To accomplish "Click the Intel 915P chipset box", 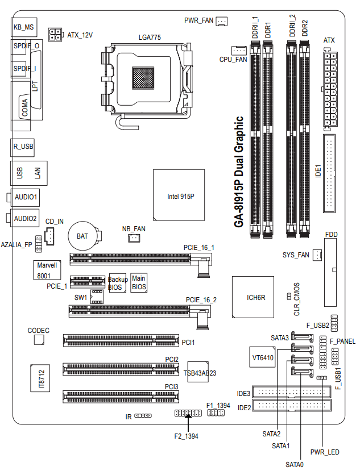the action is (x=179, y=195).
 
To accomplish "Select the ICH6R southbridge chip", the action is (x=253, y=297).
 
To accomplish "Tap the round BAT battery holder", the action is (x=82, y=236).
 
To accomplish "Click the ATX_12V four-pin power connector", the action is (x=55, y=35).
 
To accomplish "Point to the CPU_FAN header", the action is (x=239, y=51).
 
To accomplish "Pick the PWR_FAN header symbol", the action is (x=222, y=21).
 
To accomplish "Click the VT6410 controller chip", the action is (x=263, y=357).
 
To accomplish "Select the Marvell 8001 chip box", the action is (x=47, y=270).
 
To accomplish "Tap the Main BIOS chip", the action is (x=139, y=282).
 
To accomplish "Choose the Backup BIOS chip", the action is (x=117, y=284).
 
